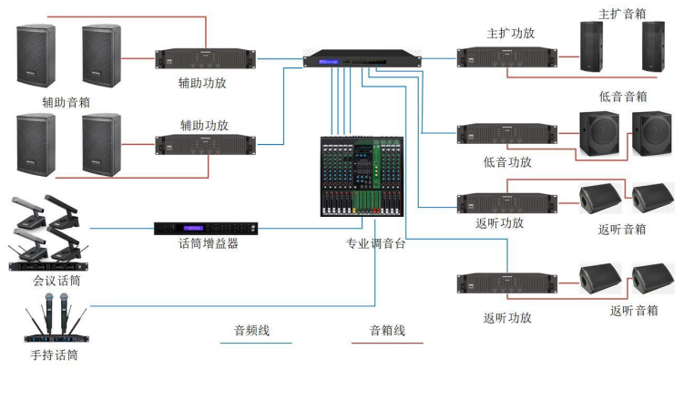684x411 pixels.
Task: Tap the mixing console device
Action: coord(362,176)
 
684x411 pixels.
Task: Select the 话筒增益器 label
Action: coord(208,243)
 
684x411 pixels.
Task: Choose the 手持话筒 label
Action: coord(54,354)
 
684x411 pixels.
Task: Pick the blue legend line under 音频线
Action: coord(256,344)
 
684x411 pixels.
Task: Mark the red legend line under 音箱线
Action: coord(387,344)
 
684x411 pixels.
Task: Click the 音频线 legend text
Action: coord(252,330)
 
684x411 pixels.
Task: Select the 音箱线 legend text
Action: coord(387,330)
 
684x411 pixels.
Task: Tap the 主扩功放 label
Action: coord(511,34)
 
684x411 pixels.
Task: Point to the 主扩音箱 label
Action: coord(622,14)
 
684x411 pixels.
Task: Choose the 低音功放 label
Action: coord(508,161)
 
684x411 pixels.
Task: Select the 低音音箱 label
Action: coord(623,97)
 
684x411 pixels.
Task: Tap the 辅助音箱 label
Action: coord(66,102)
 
